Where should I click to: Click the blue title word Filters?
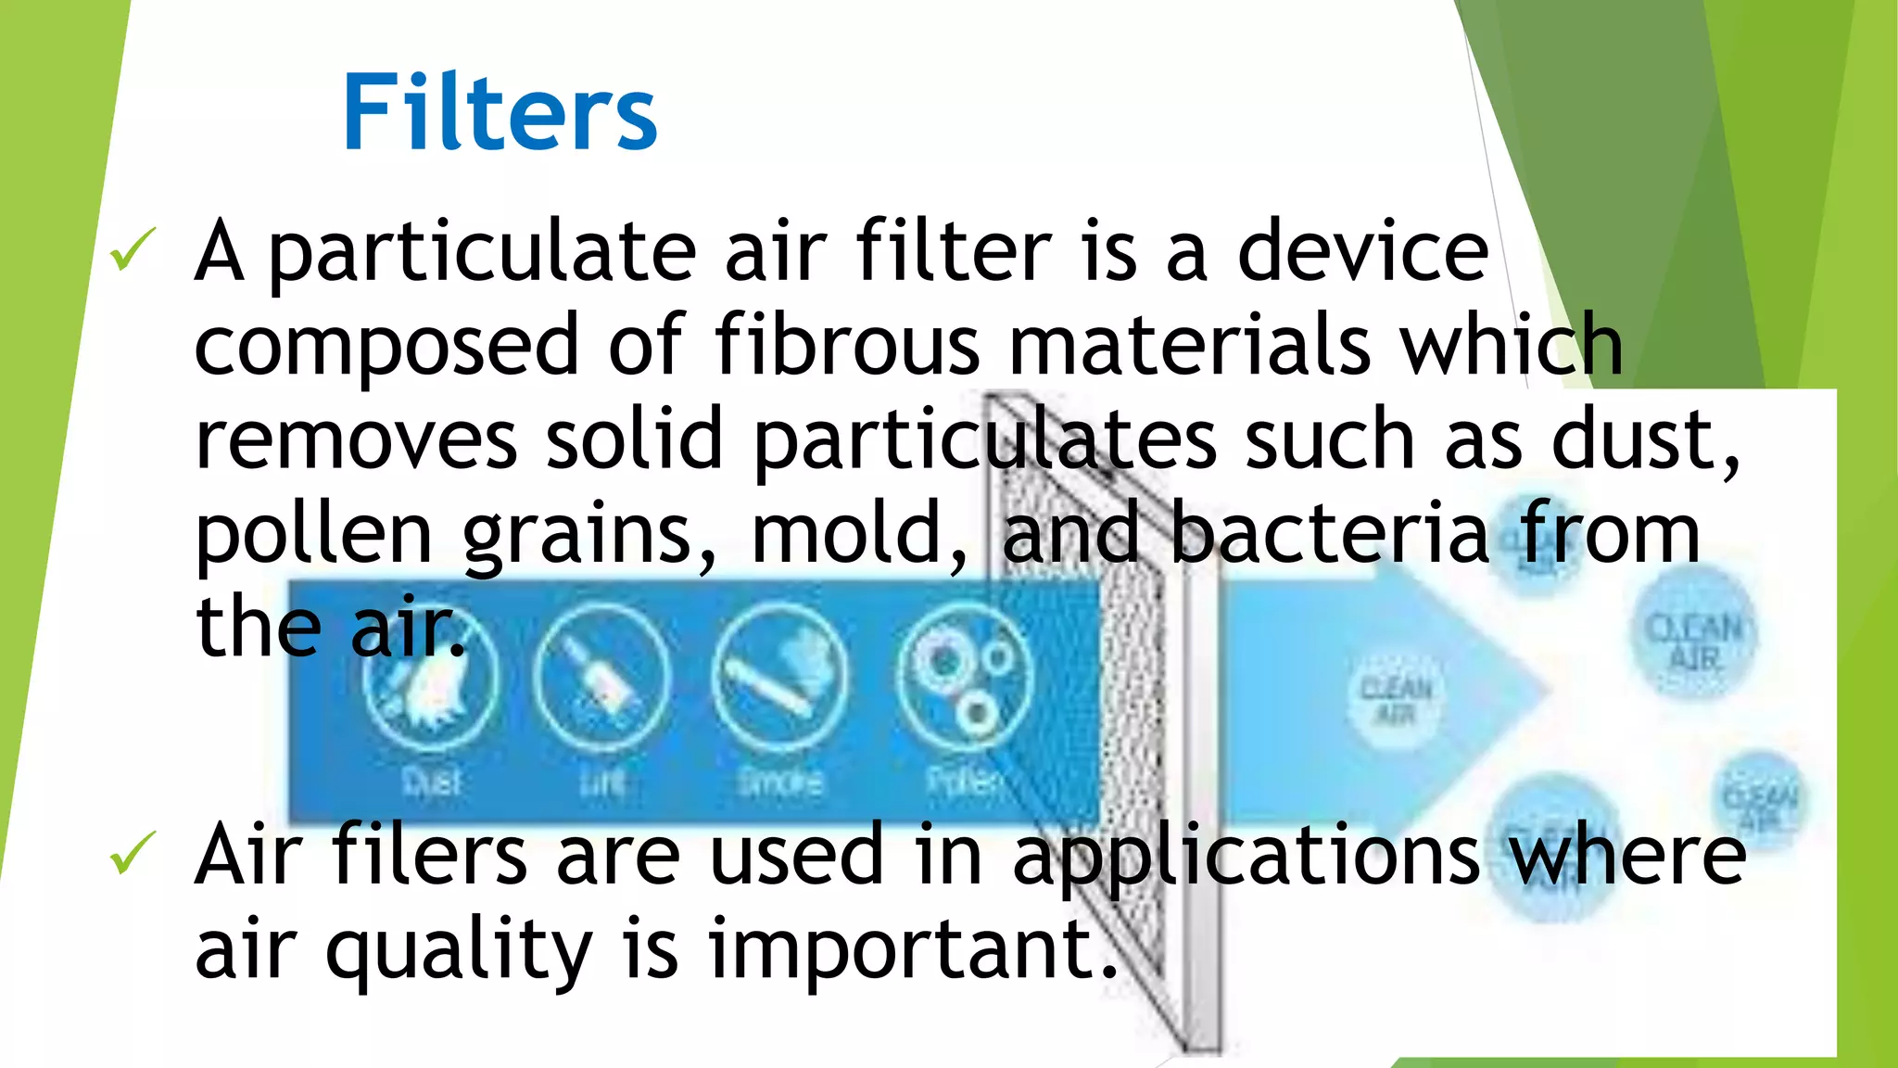[x=500, y=112]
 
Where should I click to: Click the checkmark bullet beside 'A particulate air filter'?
[x=133, y=250]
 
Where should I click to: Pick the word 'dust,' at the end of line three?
[x=1646, y=440]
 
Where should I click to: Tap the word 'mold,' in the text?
[x=859, y=534]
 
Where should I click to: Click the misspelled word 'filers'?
[x=430, y=855]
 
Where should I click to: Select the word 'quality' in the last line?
[x=459, y=951]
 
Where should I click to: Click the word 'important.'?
[x=914, y=951]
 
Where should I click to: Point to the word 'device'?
[x=1362, y=251]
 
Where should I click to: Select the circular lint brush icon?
[x=601, y=677]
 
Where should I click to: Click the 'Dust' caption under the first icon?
[x=432, y=782]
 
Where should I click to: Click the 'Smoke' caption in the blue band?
[x=779, y=782]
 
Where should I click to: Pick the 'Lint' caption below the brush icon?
[x=601, y=782]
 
